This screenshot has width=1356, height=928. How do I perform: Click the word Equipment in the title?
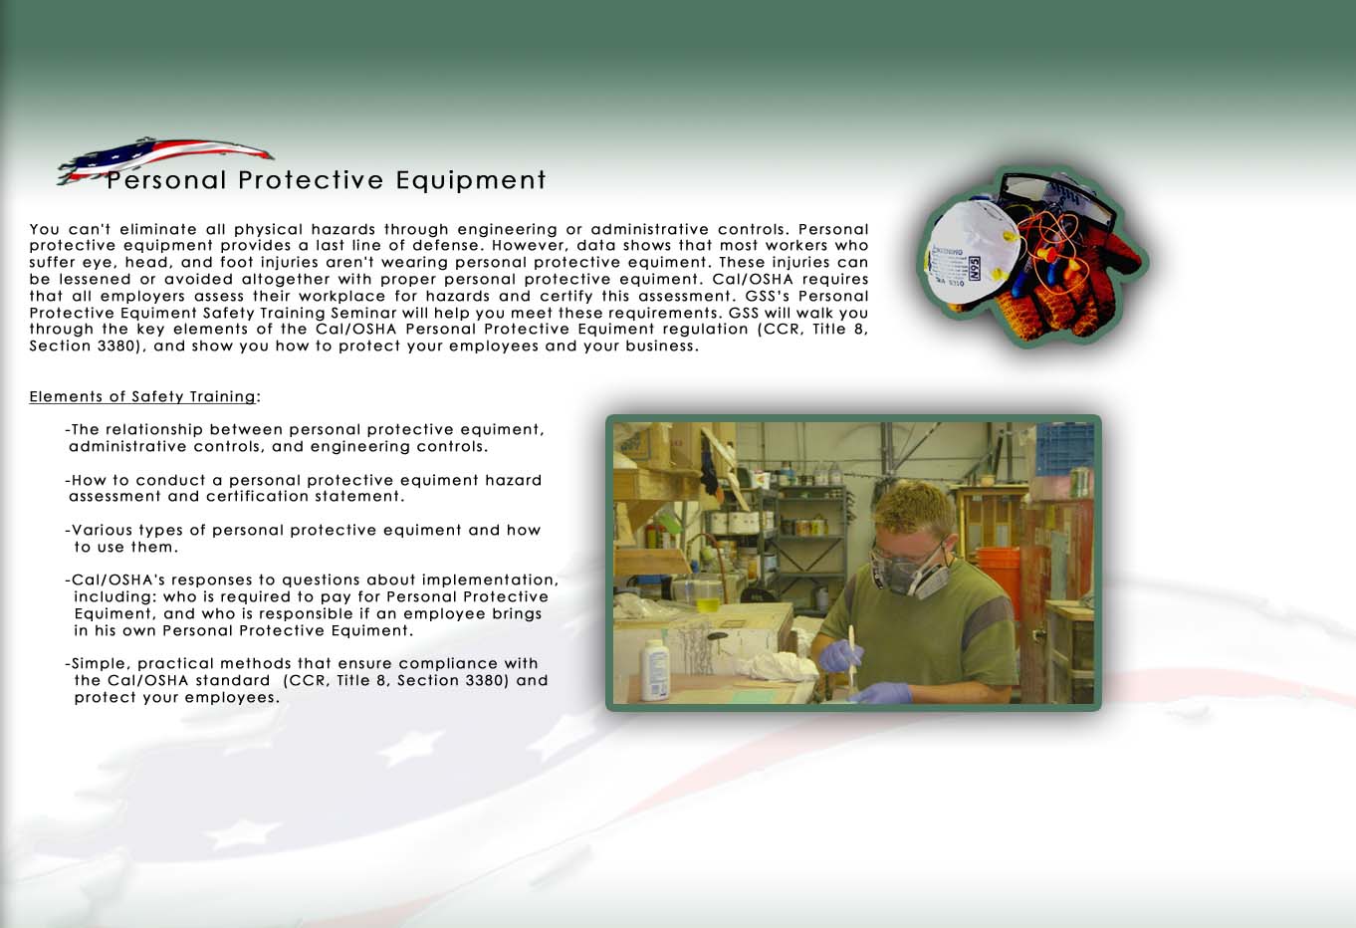point(470,180)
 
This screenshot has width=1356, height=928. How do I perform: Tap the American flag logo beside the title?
point(164,159)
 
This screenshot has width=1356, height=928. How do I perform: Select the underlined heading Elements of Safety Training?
point(142,396)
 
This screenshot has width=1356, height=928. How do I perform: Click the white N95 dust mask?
point(971,252)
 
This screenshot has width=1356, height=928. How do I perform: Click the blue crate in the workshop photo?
point(1065,449)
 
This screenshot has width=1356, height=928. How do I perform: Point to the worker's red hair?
point(915,507)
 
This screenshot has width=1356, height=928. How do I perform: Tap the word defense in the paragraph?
point(446,246)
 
